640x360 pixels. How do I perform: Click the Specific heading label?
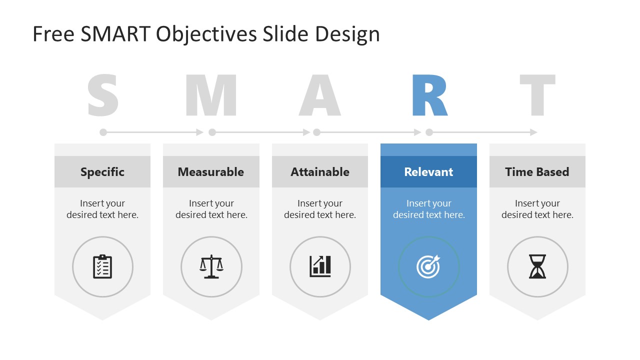click(102, 172)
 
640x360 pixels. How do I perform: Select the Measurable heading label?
click(211, 172)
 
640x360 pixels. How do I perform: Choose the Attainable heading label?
click(320, 172)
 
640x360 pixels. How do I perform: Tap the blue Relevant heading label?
click(428, 172)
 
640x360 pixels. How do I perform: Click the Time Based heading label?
click(537, 172)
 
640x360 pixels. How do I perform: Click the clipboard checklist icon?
click(102, 266)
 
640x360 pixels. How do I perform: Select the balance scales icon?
click(211, 266)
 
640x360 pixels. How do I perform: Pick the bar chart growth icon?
click(320, 266)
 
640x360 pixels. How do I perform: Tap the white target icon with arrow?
click(428, 266)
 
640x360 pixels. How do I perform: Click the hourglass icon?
click(537, 266)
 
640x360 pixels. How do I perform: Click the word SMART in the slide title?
click(115, 34)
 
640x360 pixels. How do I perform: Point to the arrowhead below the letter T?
click(533, 132)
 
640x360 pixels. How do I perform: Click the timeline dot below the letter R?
click(429, 132)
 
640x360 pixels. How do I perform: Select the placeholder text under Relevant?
click(428, 209)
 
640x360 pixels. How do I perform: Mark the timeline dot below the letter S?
click(103, 132)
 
